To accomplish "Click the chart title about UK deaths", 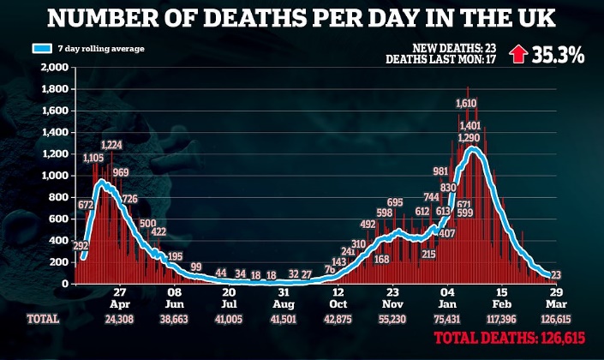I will point(302,19).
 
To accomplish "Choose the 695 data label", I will point(394,203).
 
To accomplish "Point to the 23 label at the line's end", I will point(555,275).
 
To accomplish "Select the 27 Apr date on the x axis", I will point(119,297).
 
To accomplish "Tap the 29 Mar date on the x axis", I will point(555,297).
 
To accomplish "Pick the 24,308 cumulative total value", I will point(119,319).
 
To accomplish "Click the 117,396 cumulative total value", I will point(503,319).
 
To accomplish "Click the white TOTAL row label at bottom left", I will point(42,319).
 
